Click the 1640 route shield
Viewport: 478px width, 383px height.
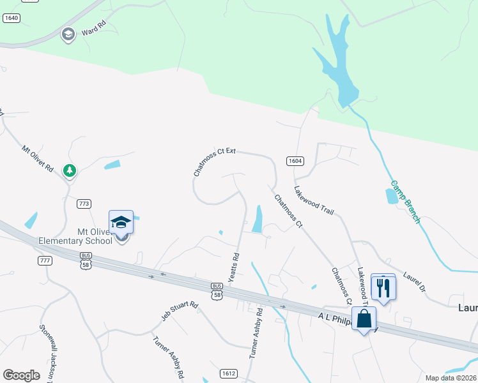tap(11, 18)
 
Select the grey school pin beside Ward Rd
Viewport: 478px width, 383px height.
tap(68, 34)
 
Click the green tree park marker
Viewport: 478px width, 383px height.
tap(69, 170)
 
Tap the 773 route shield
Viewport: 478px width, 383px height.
tap(84, 204)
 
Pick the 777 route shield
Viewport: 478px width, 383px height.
tap(44, 260)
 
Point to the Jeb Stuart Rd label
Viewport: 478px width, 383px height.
tap(180, 308)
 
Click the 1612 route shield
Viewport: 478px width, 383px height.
tap(229, 373)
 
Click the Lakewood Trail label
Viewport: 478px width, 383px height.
tap(314, 199)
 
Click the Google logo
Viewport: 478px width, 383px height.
tap(21, 375)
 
